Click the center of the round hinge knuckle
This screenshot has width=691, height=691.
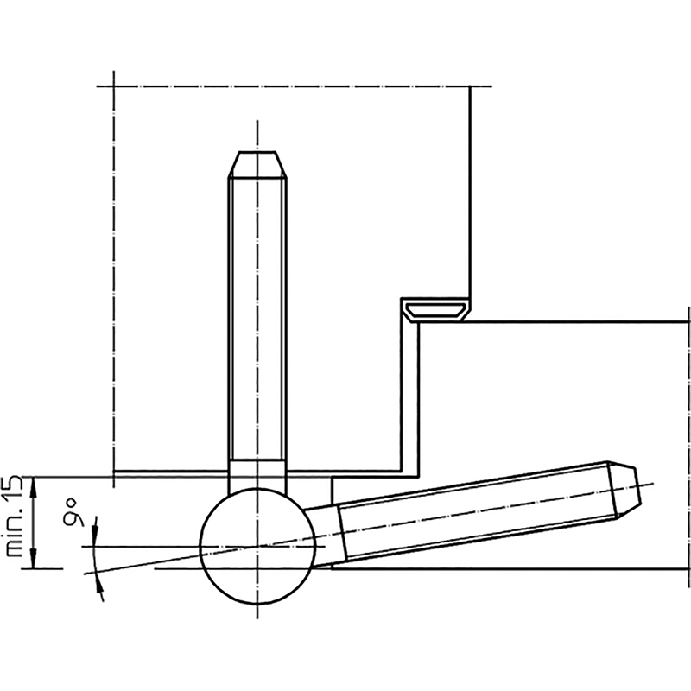tap(257, 547)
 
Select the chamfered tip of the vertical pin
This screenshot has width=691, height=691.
tap(257, 165)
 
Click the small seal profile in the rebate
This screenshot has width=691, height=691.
tap(435, 311)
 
